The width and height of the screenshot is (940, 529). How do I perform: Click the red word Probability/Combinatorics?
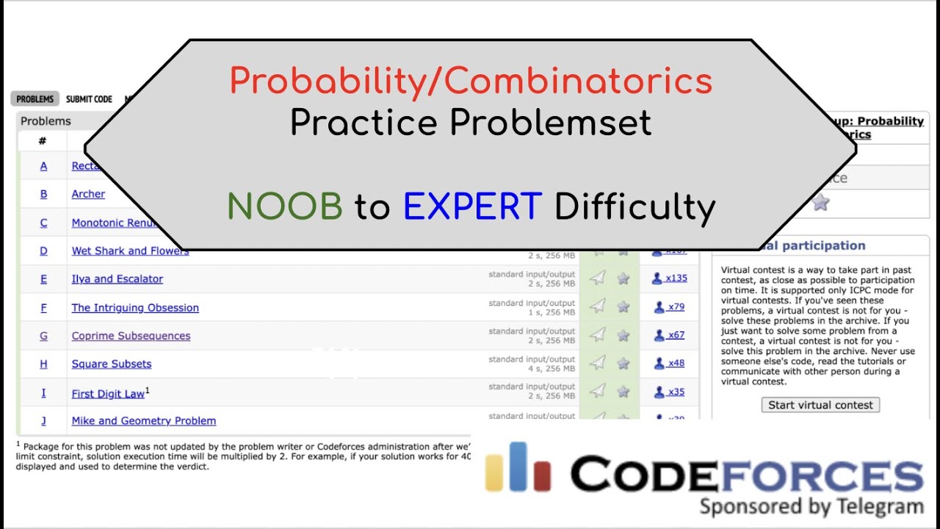point(471,81)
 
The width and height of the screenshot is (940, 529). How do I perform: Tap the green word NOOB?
point(285,207)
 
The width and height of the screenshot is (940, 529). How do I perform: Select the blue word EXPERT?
point(472,207)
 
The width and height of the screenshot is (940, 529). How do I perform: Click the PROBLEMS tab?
point(35,99)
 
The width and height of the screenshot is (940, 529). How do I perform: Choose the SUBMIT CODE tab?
point(89,99)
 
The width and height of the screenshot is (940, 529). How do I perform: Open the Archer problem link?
point(88,194)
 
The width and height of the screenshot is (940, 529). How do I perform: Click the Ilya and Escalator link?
point(117,278)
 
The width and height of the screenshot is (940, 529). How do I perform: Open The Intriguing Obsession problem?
point(135,307)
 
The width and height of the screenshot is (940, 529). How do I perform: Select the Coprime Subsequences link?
point(131,336)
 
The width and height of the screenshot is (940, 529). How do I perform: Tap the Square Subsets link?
point(111,364)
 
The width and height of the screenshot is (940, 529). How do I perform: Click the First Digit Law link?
point(108,394)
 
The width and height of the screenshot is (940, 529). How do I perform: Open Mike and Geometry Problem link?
point(143,421)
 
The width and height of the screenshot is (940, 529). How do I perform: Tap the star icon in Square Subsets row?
point(623,363)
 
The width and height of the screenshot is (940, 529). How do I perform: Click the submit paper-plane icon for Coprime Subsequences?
point(599,335)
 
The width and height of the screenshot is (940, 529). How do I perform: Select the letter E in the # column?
point(43,278)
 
